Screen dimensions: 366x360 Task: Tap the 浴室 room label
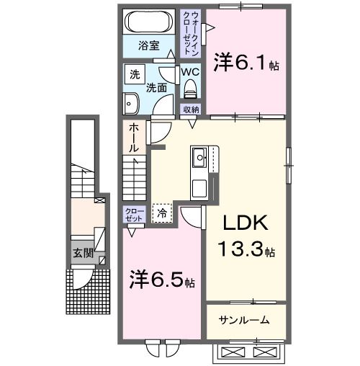(x=149, y=53)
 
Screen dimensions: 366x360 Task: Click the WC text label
(x=190, y=72)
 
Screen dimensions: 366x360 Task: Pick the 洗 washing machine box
(x=135, y=74)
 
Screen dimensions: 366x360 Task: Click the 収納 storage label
(x=191, y=109)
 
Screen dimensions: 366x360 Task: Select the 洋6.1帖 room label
(x=246, y=64)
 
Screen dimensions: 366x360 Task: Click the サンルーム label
(x=245, y=320)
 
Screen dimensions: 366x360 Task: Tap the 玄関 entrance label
(x=81, y=253)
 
